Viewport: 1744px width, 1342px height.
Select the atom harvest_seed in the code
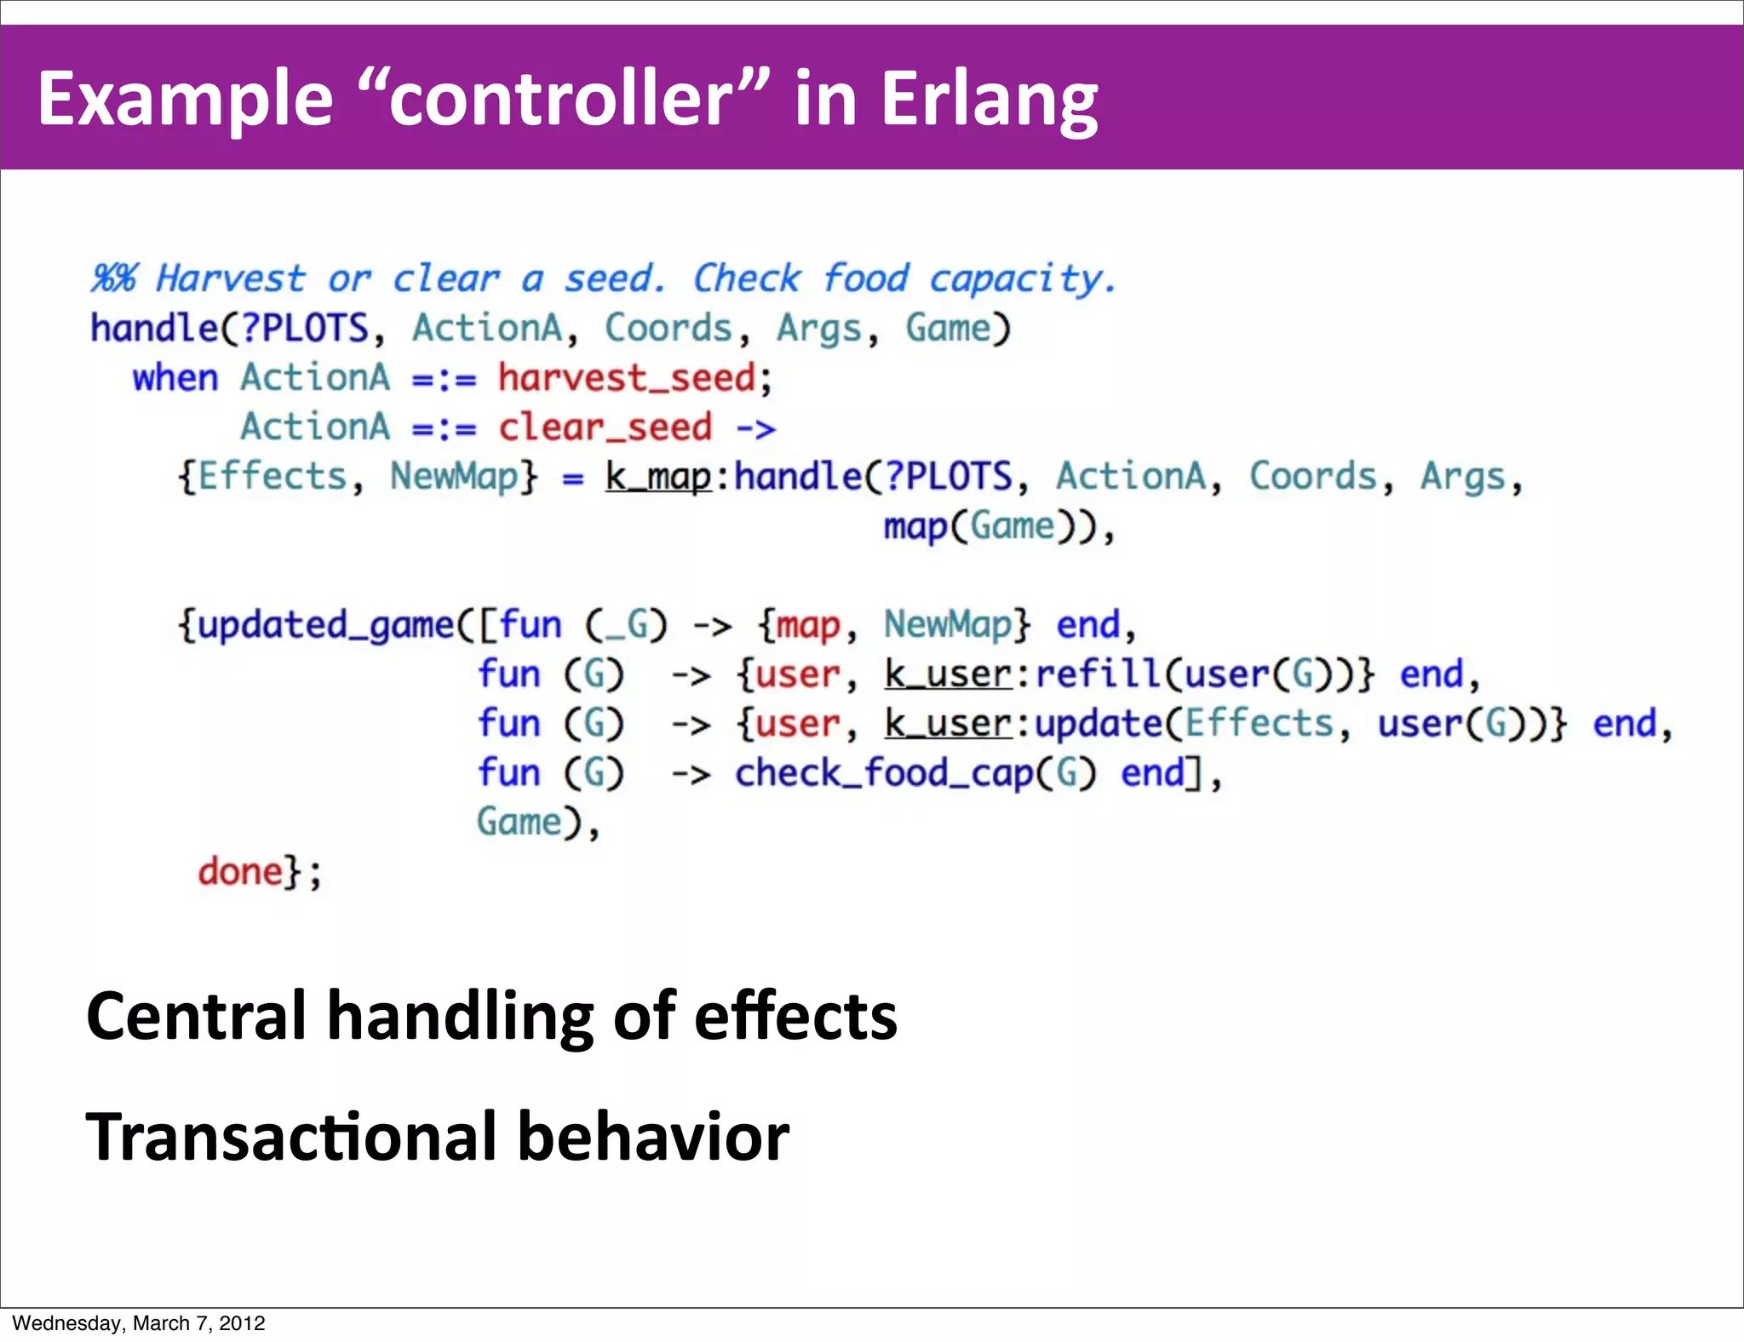(x=626, y=378)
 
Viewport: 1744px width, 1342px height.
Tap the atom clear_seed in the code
(x=605, y=427)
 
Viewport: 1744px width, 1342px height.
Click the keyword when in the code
(x=175, y=378)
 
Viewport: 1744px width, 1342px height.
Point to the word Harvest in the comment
(x=230, y=278)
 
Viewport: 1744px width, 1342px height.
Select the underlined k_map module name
(x=657, y=477)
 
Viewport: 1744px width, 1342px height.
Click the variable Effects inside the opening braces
(x=272, y=477)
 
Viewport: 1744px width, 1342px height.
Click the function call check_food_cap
(x=883, y=774)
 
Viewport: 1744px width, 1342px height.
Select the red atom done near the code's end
(x=240, y=872)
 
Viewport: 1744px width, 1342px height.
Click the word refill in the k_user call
(x=1099, y=674)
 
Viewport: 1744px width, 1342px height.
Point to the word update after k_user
(x=1099, y=724)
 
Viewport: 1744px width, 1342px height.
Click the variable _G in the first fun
(x=626, y=626)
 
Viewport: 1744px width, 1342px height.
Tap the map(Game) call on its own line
(x=979, y=527)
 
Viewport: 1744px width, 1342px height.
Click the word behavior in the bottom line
(x=653, y=1137)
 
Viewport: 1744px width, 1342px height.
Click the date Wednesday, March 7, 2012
(x=139, y=1323)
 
